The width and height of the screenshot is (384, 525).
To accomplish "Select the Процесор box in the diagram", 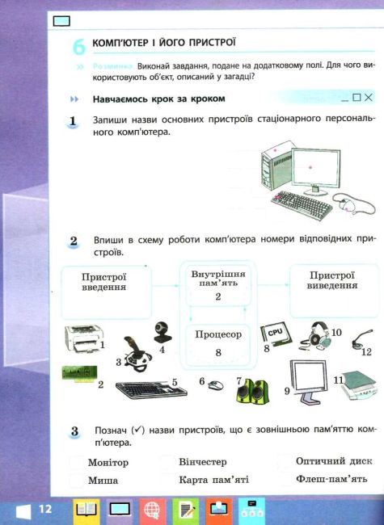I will [217, 342].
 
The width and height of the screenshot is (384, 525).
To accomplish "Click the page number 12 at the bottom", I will [44, 509].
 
